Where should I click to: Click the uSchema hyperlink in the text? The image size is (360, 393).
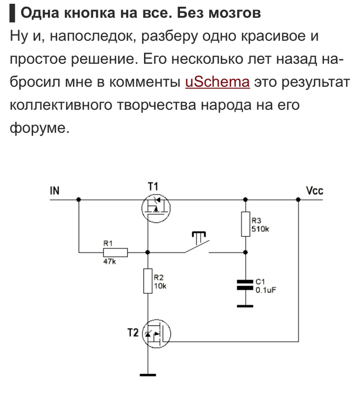click(x=218, y=82)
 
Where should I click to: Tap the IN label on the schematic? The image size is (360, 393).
click(x=55, y=191)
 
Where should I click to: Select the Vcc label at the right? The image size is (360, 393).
click(x=315, y=191)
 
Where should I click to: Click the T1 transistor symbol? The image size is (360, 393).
click(x=156, y=208)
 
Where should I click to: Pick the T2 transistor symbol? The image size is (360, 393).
click(x=156, y=333)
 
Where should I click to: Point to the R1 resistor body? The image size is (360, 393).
click(x=115, y=252)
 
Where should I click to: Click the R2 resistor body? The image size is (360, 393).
click(x=148, y=280)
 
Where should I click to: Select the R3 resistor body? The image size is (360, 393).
click(x=246, y=224)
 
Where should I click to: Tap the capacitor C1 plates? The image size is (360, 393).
click(x=245, y=285)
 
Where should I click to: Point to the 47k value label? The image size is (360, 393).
click(x=110, y=261)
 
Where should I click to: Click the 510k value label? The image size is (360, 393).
click(x=260, y=229)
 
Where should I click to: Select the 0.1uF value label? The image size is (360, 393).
click(x=266, y=290)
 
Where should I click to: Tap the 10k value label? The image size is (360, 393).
click(x=160, y=286)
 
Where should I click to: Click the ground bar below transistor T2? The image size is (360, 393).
click(x=148, y=375)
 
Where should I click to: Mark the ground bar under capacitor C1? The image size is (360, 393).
click(x=245, y=306)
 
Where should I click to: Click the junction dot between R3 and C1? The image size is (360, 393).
click(x=246, y=252)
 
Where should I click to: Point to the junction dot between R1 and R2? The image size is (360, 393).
click(x=148, y=252)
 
